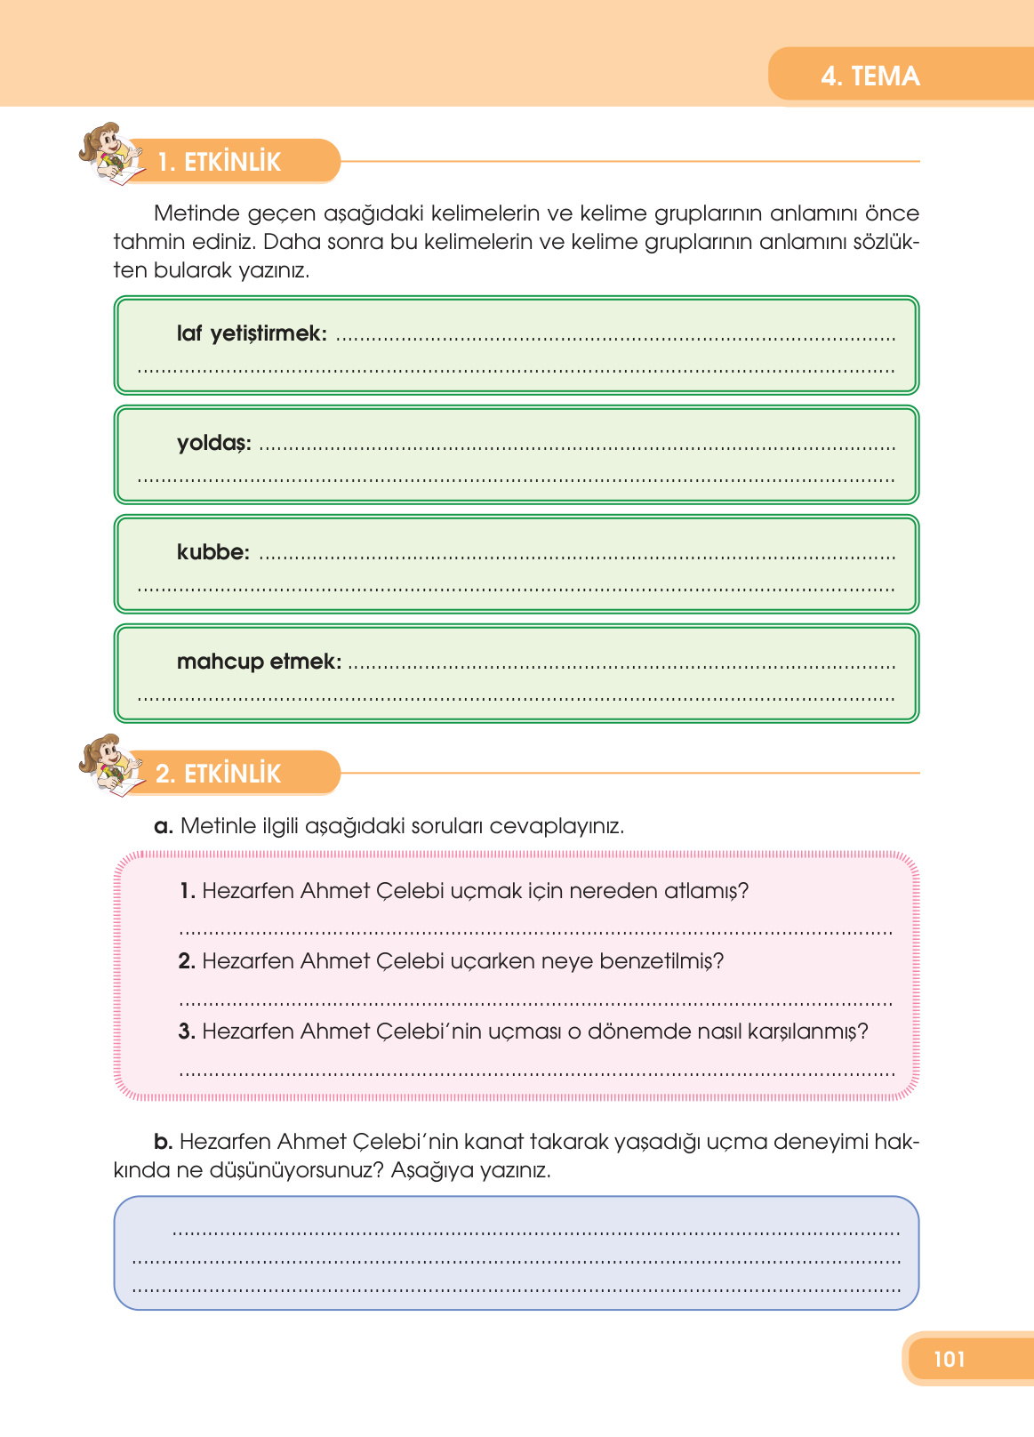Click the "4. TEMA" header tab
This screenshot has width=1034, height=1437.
click(870, 76)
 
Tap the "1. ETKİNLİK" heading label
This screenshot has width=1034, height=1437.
click(219, 162)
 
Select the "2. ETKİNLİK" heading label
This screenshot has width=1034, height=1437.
click(218, 774)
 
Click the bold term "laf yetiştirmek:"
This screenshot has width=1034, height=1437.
click(252, 333)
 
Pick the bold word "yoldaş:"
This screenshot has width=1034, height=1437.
click(213, 443)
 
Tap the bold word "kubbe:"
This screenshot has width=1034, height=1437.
click(213, 552)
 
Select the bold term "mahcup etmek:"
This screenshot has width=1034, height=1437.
click(259, 662)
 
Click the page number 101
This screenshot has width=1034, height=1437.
click(949, 1359)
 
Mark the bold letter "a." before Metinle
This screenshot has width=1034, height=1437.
click(163, 826)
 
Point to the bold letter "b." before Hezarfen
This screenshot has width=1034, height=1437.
click(163, 1142)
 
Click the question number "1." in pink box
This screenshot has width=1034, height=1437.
click(187, 891)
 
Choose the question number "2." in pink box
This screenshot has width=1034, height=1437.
click(187, 961)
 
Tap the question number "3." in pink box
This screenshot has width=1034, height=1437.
click(187, 1032)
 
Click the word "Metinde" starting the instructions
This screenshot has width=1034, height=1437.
click(197, 213)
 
